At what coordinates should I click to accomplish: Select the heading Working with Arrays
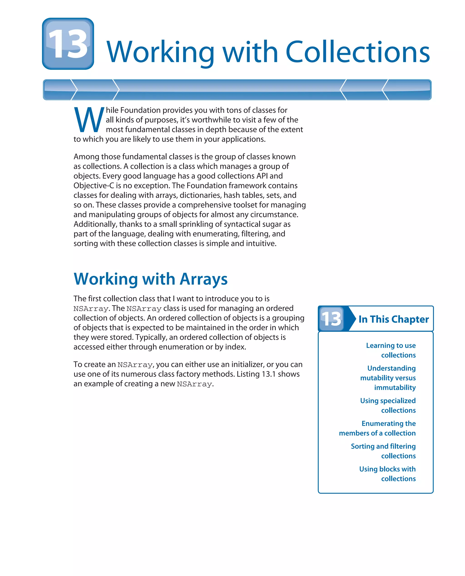(151, 279)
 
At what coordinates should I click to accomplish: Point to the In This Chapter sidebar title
(393, 319)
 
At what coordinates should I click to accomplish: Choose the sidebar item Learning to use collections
(391, 350)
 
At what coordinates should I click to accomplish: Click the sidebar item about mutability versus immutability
(388, 378)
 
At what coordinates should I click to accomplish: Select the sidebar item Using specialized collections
(388, 405)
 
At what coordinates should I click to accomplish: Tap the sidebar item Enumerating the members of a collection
(377, 428)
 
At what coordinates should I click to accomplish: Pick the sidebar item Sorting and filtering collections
(383, 451)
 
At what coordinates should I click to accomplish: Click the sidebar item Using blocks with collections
(387, 474)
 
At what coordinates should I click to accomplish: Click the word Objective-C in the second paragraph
(94, 185)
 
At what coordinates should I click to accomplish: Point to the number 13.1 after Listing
(268, 374)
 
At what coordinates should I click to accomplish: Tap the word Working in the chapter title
(160, 52)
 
